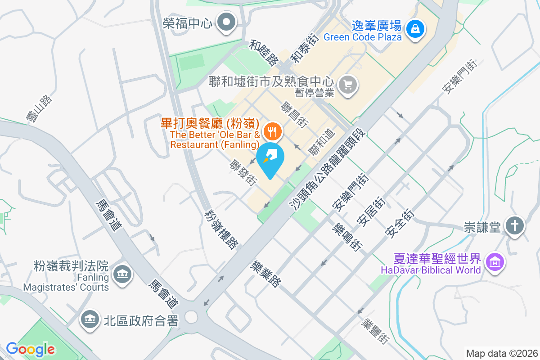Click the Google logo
30,349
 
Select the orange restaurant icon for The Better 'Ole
271,131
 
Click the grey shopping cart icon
348,84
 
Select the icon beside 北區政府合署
90,320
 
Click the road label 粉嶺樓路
221,229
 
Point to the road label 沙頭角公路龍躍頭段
328,171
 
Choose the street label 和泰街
304,48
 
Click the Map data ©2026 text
501,353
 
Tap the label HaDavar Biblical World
431,270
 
